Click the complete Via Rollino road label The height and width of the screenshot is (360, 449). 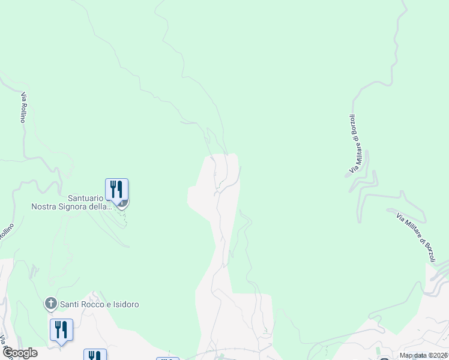pyautogui.click(x=23, y=107)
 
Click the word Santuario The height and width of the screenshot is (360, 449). pyautogui.click(x=86, y=197)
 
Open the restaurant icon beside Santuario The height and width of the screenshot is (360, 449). pyautogui.click(x=116, y=190)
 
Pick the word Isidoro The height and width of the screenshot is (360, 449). pyautogui.click(x=126, y=304)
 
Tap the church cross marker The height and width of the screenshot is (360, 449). pyautogui.click(x=51, y=304)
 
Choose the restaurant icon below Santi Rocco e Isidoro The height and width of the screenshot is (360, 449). pyautogui.click(x=61, y=329)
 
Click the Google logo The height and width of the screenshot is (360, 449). pyautogui.click(x=19, y=353)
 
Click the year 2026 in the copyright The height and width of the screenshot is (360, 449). pyautogui.click(x=438, y=355)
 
